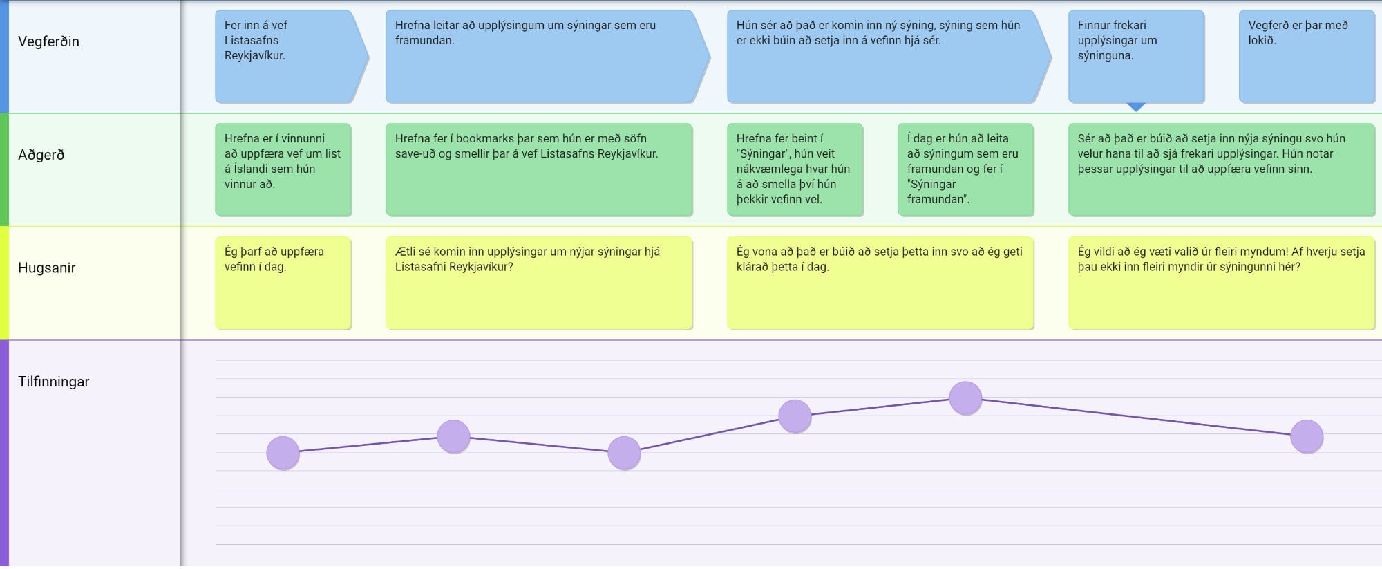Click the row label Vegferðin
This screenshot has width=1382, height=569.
(48, 41)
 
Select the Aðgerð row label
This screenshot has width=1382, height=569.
(41, 155)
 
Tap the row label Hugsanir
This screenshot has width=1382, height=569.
(46, 268)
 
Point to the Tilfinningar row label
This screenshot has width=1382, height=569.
(53, 382)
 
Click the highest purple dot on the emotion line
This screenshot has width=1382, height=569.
(965, 398)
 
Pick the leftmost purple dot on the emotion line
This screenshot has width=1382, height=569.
(283, 453)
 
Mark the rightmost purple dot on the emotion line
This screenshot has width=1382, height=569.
(1306, 437)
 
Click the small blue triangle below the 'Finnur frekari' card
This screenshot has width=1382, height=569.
(1135, 107)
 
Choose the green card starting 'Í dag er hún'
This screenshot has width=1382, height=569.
(965, 169)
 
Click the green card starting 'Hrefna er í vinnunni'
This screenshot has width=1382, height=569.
(283, 169)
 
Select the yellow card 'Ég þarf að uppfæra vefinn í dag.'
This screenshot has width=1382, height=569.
(283, 283)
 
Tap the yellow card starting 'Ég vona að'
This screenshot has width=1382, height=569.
(879, 283)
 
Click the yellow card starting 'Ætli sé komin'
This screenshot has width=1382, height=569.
(538, 283)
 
